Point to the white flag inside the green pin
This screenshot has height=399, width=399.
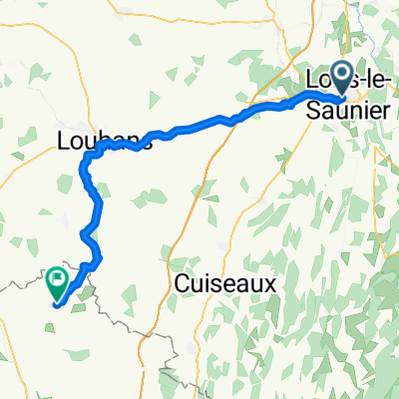click(57, 279)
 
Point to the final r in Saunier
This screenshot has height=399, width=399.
click(385, 109)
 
